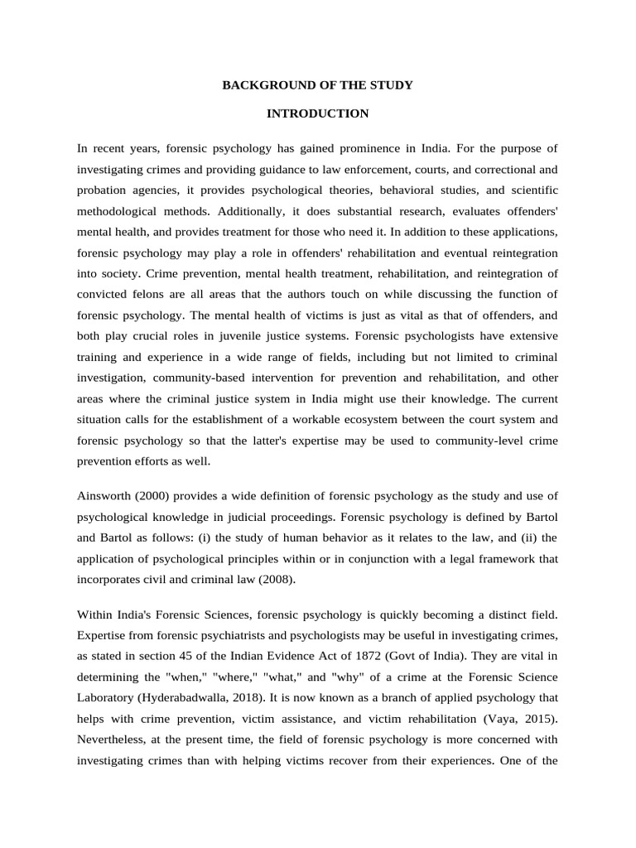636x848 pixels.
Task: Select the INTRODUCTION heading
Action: [317, 113]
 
